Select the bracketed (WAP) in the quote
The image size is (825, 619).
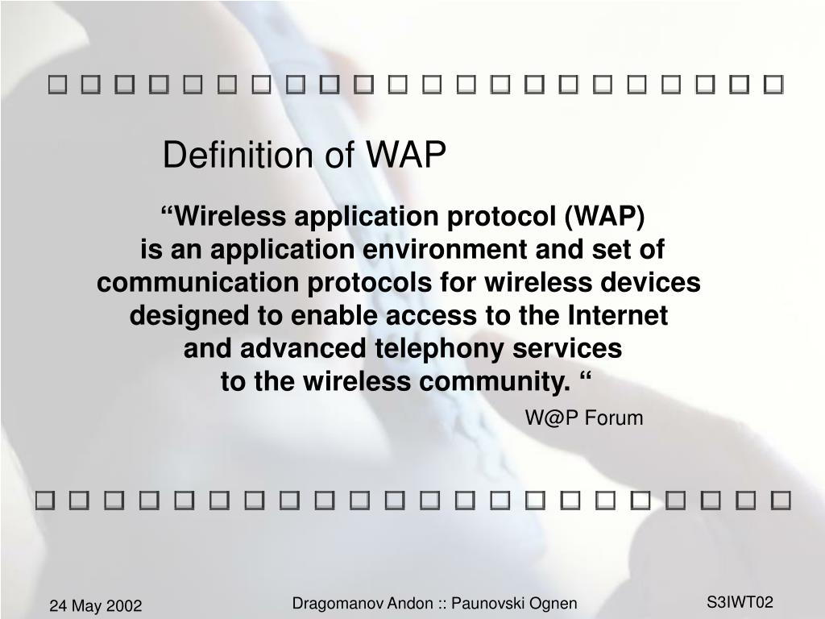[x=604, y=216]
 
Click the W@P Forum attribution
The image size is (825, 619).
[x=584, y=418]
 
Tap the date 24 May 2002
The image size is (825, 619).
[x=95, y=605]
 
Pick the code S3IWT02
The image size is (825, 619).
[x=740, y=601]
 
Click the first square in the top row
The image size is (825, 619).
[x=56, y=84]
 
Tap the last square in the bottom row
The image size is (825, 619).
[x=780, y=501]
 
